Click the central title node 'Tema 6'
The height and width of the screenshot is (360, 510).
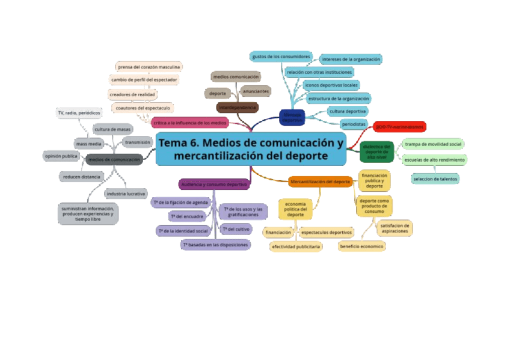click(x=251, y=149)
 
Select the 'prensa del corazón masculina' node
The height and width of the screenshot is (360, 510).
click(x=149, y=67)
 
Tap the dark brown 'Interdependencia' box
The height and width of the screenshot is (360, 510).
click(x=238, y=108)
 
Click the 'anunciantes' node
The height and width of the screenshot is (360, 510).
click(x=256, y=91)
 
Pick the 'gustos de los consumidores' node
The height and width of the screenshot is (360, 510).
click(x=281, y=56)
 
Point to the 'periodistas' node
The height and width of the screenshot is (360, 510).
click(x=353, y=124)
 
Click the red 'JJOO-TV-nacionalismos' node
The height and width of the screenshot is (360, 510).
click(x=399, y=127)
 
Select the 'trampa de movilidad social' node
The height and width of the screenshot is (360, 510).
click(x=433, y=144)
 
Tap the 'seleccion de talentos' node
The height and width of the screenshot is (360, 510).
click(x=435, y=178)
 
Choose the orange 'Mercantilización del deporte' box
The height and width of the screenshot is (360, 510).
click(x=321, y=182)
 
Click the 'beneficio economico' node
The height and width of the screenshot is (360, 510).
click(x=361, y=246)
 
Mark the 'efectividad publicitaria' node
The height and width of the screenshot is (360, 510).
click(x=296, y=246)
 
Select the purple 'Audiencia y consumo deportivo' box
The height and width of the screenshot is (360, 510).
click(x=214, y=184)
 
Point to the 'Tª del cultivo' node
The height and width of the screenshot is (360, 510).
click(x=236, y=229)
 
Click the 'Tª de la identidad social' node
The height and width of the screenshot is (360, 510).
click(x=183, y=231)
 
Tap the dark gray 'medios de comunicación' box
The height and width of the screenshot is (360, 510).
click(x=114, y=159)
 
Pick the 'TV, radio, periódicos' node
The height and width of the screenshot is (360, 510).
click(x=79, y=112)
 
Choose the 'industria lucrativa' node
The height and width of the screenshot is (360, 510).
click(x=126, y=194)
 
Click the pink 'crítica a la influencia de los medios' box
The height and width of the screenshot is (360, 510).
click(x=190, y=123)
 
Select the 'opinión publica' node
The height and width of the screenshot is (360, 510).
click(x=61, y=156)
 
